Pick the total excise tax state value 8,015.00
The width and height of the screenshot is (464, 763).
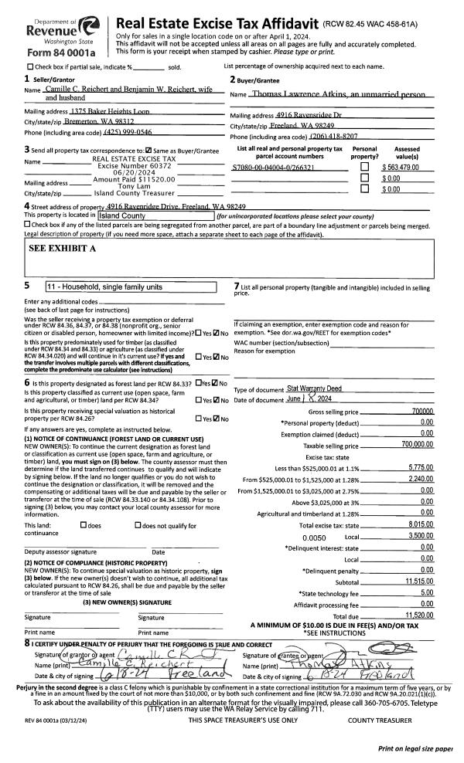[x=421, y=525]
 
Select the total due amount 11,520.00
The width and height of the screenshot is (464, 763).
[x=420, y=615]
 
